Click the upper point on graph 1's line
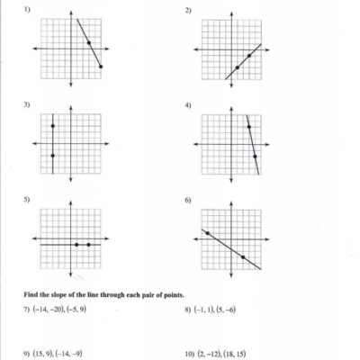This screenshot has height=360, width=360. [89, 43]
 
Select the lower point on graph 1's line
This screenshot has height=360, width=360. [101, 67]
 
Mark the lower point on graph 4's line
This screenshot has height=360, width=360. [256, 157]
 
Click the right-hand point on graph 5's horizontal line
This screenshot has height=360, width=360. [88, 245]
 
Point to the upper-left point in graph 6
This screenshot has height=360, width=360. [208, 233]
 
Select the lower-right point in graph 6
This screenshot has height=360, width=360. [243, 257]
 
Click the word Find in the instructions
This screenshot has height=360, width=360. [31, 294]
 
